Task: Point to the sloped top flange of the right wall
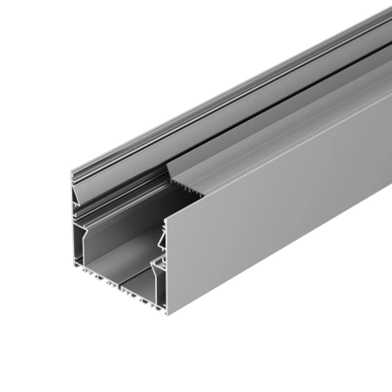(279, 131)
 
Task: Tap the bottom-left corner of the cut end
(70, 269)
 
